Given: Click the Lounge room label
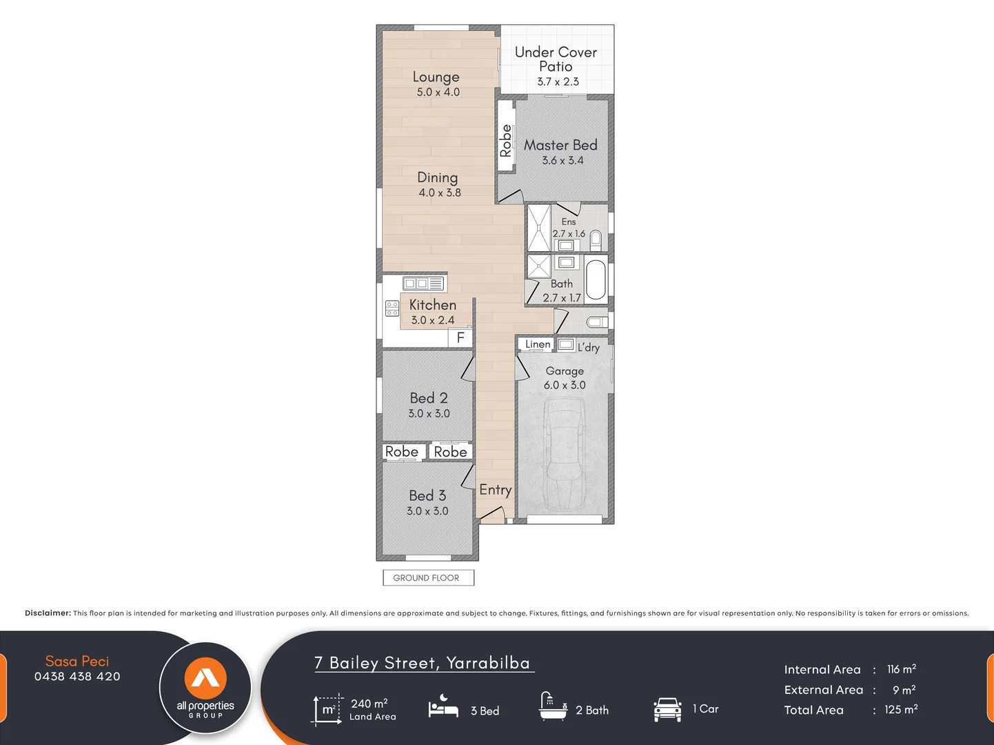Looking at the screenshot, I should click(x=436, y=77).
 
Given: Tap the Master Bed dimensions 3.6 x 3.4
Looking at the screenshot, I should click(x=562, y=161).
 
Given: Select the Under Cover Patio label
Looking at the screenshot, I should click(x=556, y=59).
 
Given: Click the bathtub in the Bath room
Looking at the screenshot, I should click(x=596, y=279).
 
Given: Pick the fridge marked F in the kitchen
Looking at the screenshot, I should click(x=460, y=337).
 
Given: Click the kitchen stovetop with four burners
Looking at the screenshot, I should click(x=392, y=308).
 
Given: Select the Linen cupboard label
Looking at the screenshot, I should click(x=538, y=344).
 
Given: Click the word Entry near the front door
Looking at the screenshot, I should click(x=495, y=490).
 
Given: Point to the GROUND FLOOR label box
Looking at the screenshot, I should click(x=428, y=578).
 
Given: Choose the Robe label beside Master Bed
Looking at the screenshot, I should click(x=506, y=140).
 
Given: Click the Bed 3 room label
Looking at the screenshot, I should click(x=427, y=495).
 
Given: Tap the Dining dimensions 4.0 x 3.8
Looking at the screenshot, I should click(x=440, y=193).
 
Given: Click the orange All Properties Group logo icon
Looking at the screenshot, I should click(x=205, y=678).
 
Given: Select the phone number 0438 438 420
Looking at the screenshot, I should click(x=77, y=677).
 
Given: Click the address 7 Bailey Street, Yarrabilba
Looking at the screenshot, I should click(x=423, y=663).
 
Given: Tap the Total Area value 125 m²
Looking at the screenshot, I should click(x=901, y=710).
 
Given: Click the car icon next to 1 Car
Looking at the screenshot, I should click(x=667, y=709).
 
